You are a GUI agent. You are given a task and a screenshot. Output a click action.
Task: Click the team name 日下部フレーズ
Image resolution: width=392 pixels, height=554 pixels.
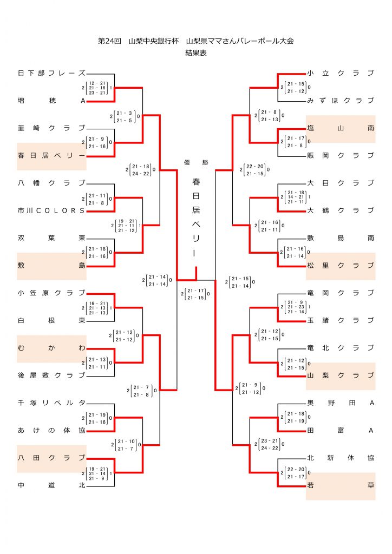coord(51,73)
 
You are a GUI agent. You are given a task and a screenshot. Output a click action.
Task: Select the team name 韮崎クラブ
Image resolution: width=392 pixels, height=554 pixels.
coord(51,128)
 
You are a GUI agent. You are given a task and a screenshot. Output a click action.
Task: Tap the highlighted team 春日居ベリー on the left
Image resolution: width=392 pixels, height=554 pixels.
coord(51,156)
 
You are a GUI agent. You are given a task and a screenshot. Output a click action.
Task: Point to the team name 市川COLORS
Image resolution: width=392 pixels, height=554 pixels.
coord(51,210)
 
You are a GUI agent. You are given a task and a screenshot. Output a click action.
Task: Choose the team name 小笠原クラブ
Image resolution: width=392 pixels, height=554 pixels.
coord(51,293)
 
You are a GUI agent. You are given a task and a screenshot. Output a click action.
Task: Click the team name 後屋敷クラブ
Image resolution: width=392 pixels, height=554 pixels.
coord(51,375)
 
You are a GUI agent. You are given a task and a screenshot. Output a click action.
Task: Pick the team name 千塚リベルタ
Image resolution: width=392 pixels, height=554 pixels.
coord(51,403)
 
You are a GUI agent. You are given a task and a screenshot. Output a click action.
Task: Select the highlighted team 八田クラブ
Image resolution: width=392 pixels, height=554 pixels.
coord(51,458)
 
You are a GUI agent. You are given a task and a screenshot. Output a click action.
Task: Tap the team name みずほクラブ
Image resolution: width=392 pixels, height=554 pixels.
coord(341,101)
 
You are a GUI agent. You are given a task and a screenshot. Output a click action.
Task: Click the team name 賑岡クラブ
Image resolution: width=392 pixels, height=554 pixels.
coord(341,156)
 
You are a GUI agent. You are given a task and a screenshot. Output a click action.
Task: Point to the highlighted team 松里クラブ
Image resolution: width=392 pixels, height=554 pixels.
coord(341,266)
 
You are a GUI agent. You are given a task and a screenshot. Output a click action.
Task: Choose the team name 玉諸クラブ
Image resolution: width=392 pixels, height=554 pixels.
coord(341,321)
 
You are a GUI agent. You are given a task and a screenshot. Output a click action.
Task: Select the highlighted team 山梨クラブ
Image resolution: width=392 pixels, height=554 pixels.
coord(341,375)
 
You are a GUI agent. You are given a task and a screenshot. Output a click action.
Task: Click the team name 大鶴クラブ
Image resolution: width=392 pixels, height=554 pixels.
coord(341,210)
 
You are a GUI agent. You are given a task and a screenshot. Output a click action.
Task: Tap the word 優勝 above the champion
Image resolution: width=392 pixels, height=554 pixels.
coord(195,162)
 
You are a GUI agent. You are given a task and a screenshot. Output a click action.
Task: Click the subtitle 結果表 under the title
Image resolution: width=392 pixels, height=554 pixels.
coord(195,53)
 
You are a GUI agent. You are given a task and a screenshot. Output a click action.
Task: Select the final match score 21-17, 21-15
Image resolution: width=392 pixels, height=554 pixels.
coord(195,294)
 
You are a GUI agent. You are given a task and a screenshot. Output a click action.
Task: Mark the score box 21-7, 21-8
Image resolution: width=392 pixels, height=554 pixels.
coord(142,391)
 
